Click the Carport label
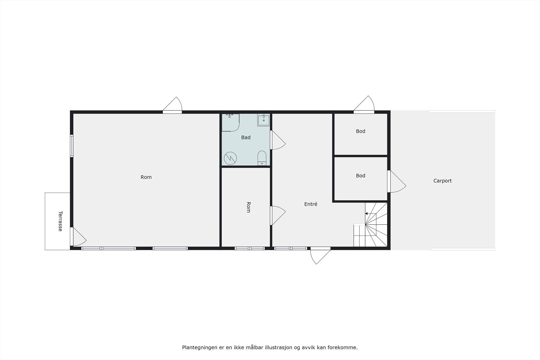(442, 181)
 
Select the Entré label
(310, 204)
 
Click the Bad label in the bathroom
(246, 137)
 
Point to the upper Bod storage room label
(360, 131)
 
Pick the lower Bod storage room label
(360, 175)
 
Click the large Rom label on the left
(146, 177)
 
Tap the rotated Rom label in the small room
(248, 207)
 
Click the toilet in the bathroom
(262, 158)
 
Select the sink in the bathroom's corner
(264, 120)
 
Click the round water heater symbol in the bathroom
(230, 158)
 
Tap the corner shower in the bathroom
(230, 122)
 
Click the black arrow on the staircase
(367, 214)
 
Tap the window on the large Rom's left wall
(72, 146)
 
